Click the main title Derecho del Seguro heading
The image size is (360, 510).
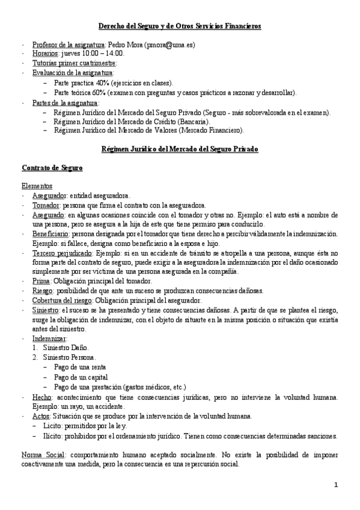pyautogui.click(x=180, y=26)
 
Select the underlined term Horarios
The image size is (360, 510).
pyautogui.click(x=45, y=54)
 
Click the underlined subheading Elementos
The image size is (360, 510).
pyautogui.click(x=37, y=186)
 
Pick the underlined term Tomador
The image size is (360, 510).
pyautogui.click(x=46, y=205)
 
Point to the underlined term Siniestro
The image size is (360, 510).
pyautogui.click(x=46, y=310)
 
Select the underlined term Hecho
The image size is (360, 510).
pyautogui.click(x=41, y=397)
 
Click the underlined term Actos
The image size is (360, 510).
pyautogui.click(x=41, y=416)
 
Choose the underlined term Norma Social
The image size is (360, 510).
pyautogui.click(x=43, y=454)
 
